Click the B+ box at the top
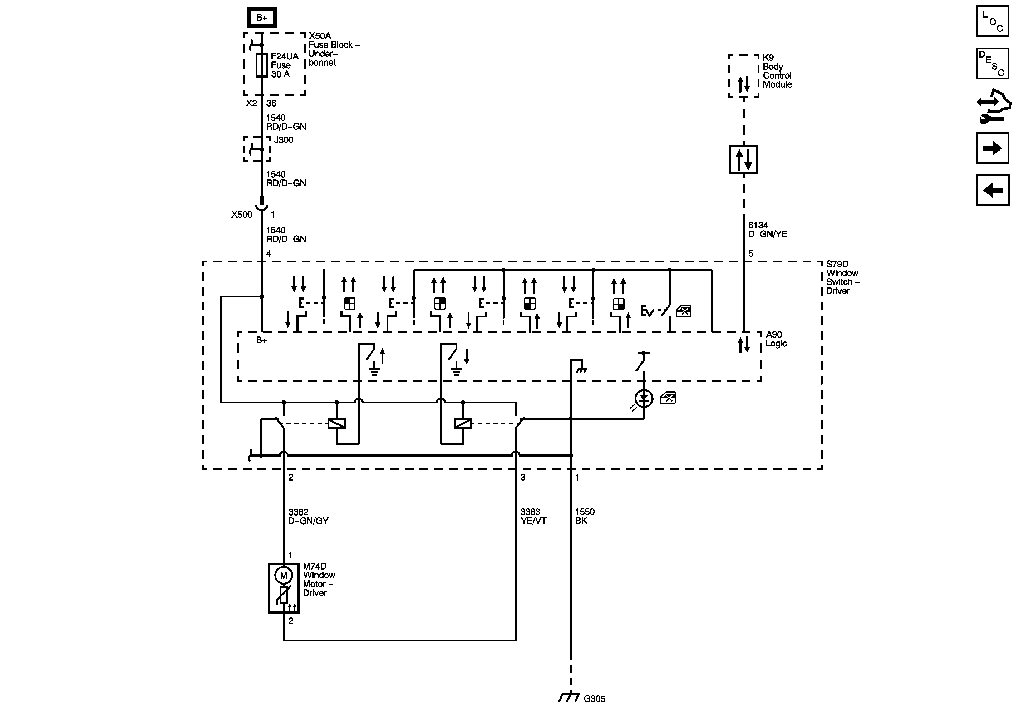pyautogui.click(x=262, y=18)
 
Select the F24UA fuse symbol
pyautogui.click(x=261, y=65)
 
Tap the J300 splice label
pyautogui.click(x=284, y=140)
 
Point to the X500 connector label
pyautogui.click(x=242, y=215)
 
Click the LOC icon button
pyautogui.click(x=992, y=21)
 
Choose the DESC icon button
pyautogui.click(x=992, y=64)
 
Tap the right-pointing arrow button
pyautogui.click(x=992, y=148)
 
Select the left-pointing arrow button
pyautogui.click(x=992, y=190)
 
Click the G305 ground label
pyautogui.click(x=594, y=699)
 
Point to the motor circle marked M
pyautogui.click(x=284, y=575)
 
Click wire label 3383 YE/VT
pyautogui.click(x=533, y=516)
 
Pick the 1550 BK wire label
pyautogui.click(x=584, y=516)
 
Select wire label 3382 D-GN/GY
pyautogui.click(x=308, y=516)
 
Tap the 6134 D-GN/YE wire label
pyautogui.click(x=767, y=230)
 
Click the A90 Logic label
pyautogui.click(x=776, y=339)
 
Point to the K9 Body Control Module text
pyautogui.click(x=777, y=71)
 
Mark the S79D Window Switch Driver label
pyautogui.click(x=842, y=277)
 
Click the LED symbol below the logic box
pyautogui.click(x=644, y=399)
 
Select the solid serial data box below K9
pyautogui.click(x=744, y=159)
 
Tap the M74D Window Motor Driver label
pyautogui.click(x=319, y=579)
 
